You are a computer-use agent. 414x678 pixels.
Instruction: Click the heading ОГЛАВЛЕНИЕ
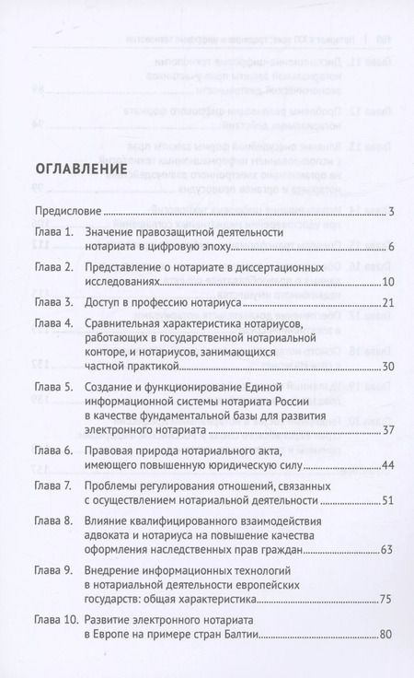(80, 171)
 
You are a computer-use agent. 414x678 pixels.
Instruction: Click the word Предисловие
(65, 212)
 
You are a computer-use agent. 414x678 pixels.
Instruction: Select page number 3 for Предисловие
(391, 213)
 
